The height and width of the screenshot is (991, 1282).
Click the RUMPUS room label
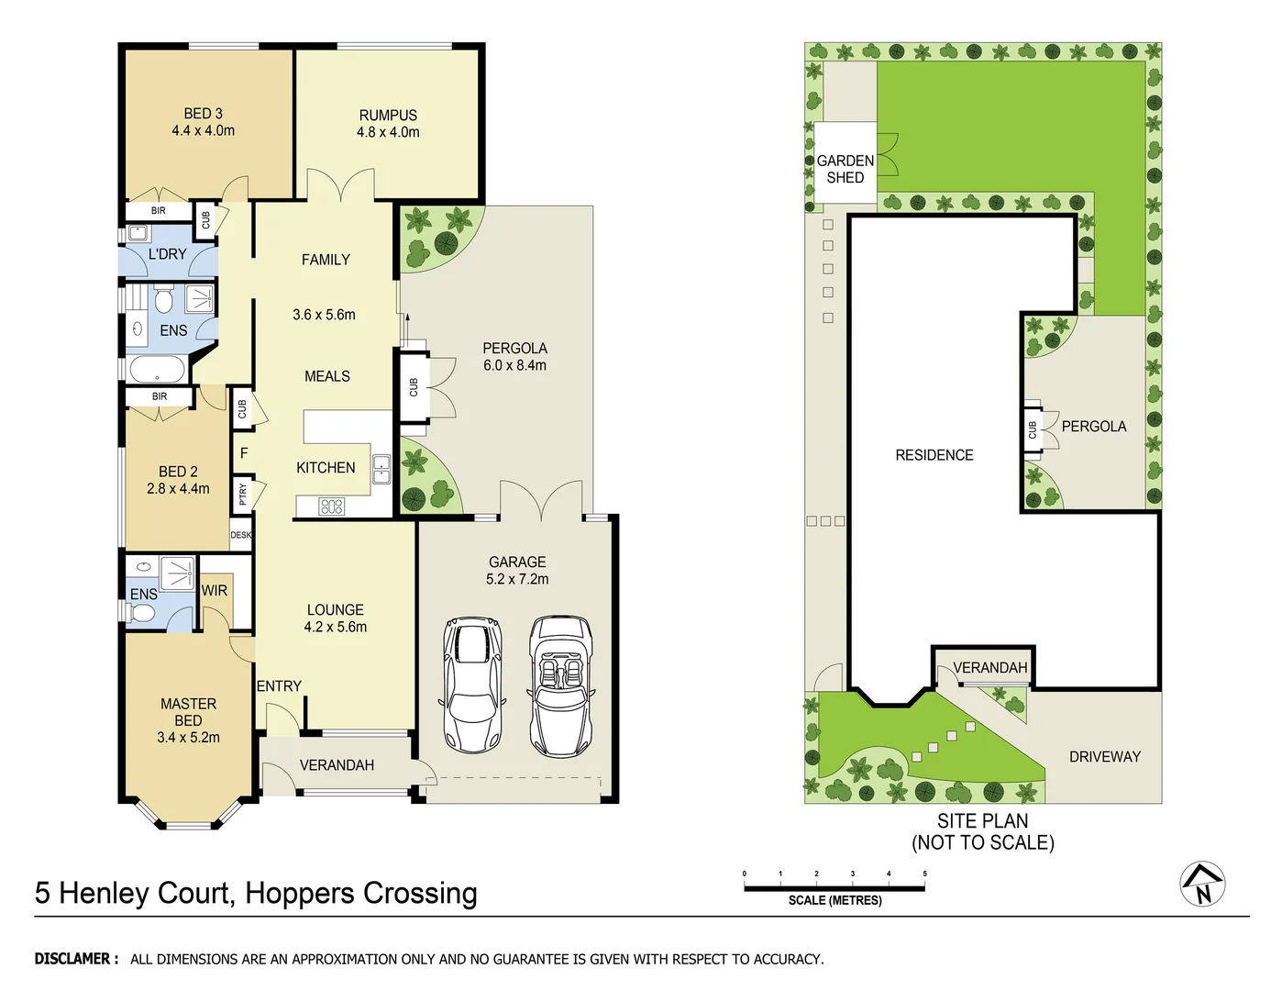tap(388, 116)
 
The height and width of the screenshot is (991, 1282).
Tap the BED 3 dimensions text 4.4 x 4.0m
tap(203, 131)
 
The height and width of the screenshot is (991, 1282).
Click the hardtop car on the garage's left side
tap(473, 684)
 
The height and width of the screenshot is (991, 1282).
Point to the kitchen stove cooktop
tap(331, 506)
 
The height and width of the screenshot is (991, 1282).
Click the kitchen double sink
tap(381, 469)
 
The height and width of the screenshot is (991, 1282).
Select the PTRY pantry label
tap(243, 494)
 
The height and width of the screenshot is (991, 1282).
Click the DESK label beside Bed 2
tap(240, 535)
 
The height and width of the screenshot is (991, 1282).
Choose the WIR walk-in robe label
tap(215, 591)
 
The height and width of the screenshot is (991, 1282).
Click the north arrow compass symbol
tap(1202, 885)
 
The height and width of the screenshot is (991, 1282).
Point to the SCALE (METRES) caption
tap(834, 900)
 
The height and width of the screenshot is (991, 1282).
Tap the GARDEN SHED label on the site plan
tap(845, 169)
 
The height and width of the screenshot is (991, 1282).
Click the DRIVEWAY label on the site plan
tap(1104, 757)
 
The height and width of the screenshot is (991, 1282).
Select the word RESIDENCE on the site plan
tap(934, 455)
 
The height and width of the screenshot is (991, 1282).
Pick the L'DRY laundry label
tap(167, 254)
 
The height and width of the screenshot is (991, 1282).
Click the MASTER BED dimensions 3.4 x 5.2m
tap(188, 738)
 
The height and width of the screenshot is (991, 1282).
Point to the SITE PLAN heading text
tap(982, 821)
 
